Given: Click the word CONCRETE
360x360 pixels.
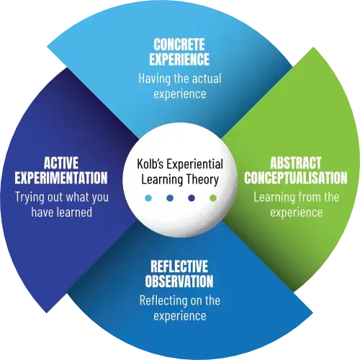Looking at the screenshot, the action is pyautogui.click(x=179, y=45).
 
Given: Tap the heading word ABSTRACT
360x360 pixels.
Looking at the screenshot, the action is pyautogui.click(x=296, y=163).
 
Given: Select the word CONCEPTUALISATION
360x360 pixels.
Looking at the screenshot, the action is pyautogui.click(x=296, y=178).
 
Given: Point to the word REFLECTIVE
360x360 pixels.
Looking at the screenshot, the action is pyautogui.click(x=179, y=266).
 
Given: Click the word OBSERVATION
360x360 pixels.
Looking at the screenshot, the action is pyautogui.click(x=179, y=281).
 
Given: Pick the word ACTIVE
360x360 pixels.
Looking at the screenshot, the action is pyautogui.click(x=61, y=163).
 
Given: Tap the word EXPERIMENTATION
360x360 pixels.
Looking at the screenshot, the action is pyautogui.click(x=61, y=178).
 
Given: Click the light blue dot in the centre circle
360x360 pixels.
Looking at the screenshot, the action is pyautogui.click(x=148, y=198).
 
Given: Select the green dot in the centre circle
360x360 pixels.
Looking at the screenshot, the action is pyautogui.click(x=213, y=198).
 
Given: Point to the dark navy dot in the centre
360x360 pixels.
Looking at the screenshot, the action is pyautogui.click(x=192, y=198).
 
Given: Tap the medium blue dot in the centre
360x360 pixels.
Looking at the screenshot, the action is pyautogui.click(x=170, y=198).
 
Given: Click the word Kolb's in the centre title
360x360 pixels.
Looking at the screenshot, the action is pyautogui.click(x=150, y=164).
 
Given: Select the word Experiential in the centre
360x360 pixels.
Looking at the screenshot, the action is pyautogui.click(x=195, y=165).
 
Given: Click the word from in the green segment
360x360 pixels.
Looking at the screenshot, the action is pyautogui.click(x=310, y=197).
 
